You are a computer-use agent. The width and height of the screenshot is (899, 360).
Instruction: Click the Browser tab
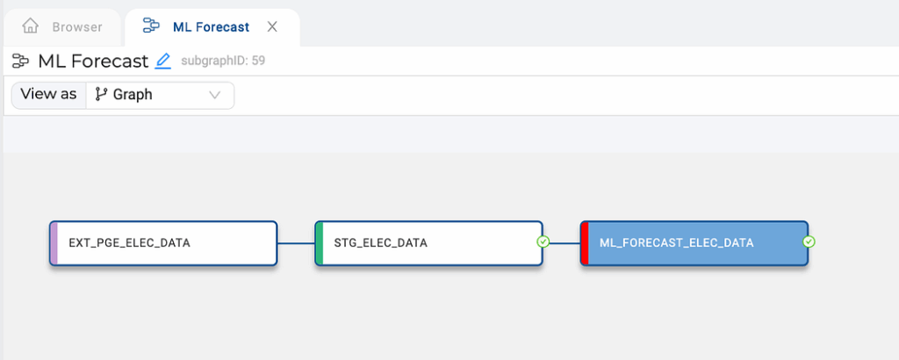tap(62, 27)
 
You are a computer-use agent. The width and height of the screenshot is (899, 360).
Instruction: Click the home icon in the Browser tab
tap(31, 25)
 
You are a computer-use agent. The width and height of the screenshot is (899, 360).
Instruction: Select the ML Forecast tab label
tap(211, 27)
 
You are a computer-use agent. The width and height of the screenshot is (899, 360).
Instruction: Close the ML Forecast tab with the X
tap(272, 26)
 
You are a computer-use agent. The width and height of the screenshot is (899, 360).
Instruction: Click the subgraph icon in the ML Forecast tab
tap(151, 25)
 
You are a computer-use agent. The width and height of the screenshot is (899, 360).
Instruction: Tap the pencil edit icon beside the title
tap(163, 61)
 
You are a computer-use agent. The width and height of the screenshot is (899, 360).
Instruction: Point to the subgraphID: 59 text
tap(223, 61)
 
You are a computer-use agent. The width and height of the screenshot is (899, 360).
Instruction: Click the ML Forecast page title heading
tap(93, 61)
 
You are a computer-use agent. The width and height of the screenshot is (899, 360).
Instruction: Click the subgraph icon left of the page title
tap(21, 61)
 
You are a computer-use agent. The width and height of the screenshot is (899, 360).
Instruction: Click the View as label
tap(48, 95)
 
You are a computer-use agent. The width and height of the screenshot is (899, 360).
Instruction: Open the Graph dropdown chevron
tap(215, 95)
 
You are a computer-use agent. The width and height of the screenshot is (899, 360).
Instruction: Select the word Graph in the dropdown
tap(133, 95)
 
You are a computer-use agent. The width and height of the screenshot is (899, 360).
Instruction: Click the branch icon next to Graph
tap(101, 95)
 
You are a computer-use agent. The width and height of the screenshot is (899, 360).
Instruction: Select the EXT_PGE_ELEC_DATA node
tap(163, 243)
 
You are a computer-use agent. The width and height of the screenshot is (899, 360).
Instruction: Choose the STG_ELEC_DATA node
tap(428, 243)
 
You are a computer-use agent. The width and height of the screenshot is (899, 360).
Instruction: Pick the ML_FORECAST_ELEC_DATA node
tap(694, 243)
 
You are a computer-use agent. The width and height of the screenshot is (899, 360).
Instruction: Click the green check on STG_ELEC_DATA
tap(543, 242)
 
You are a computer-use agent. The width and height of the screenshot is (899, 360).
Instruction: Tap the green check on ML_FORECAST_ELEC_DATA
tap(809, 242)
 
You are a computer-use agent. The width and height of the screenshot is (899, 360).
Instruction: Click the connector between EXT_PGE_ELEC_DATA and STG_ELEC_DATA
tap(296, 243)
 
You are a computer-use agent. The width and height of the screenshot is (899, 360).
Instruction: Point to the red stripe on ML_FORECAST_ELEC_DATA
tap(585, 243)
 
